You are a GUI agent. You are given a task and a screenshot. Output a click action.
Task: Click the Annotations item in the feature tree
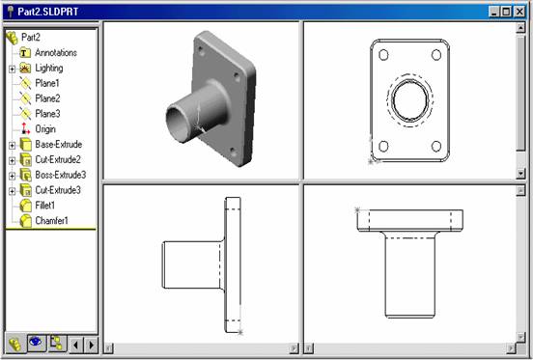pos(56,53)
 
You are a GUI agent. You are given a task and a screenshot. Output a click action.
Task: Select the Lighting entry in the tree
pos(49,68)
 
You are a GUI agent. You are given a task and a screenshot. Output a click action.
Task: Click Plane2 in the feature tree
pos(47,98)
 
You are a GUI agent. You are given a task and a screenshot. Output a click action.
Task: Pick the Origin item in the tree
pos(45,129)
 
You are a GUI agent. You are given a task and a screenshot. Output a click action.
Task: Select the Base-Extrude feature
pos(59,145)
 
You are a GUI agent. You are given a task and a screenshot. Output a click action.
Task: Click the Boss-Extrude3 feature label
pos(61,175)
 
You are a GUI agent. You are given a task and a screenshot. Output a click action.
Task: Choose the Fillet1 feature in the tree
pos(44,206)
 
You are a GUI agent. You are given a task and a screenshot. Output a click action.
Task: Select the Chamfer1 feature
pos(51,221)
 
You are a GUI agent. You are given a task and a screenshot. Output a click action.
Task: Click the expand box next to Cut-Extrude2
pos(13,160)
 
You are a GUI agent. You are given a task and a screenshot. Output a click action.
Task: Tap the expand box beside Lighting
pos(13,69)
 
